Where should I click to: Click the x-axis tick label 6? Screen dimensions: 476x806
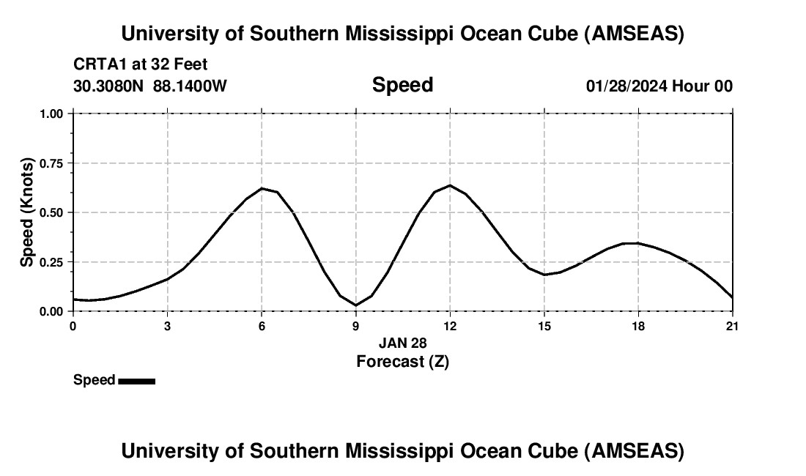click(262, 326)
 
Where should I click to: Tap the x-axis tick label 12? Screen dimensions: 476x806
click(450, 326)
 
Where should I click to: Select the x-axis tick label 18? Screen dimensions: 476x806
click(638, 326)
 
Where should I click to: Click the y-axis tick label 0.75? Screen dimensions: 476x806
click(51, 163)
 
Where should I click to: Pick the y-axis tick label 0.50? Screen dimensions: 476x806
click(51, 213)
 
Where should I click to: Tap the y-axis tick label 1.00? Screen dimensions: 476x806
click(51, 114)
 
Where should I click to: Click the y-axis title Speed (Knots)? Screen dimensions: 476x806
click(27, 212)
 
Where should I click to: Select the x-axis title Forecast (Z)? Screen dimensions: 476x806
click(402, 361)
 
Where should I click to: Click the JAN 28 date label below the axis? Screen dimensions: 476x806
click(402, 343)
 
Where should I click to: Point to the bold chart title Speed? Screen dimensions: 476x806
click(402, 85)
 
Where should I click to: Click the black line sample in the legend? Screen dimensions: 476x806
click(136, 381)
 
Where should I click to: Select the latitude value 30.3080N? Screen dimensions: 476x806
click(109, 86)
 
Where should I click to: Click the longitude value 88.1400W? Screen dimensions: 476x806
click(190, 86)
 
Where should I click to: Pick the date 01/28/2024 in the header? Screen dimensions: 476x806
click(626, 86)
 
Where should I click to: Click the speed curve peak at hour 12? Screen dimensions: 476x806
click(450, 185)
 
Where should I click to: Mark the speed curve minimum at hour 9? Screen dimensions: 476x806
click(355, 305)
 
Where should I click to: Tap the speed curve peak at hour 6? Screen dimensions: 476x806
click(262, 188)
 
